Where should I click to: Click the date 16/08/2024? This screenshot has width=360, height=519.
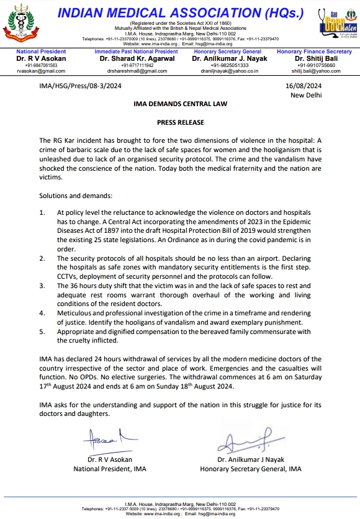304,88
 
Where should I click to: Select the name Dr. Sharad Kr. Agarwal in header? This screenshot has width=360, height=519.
137,59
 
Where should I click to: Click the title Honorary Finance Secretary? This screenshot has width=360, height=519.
314,52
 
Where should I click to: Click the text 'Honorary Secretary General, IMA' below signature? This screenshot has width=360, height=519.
251,469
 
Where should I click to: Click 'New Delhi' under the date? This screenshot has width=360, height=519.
307,96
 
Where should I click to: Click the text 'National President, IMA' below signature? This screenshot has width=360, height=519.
110,469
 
